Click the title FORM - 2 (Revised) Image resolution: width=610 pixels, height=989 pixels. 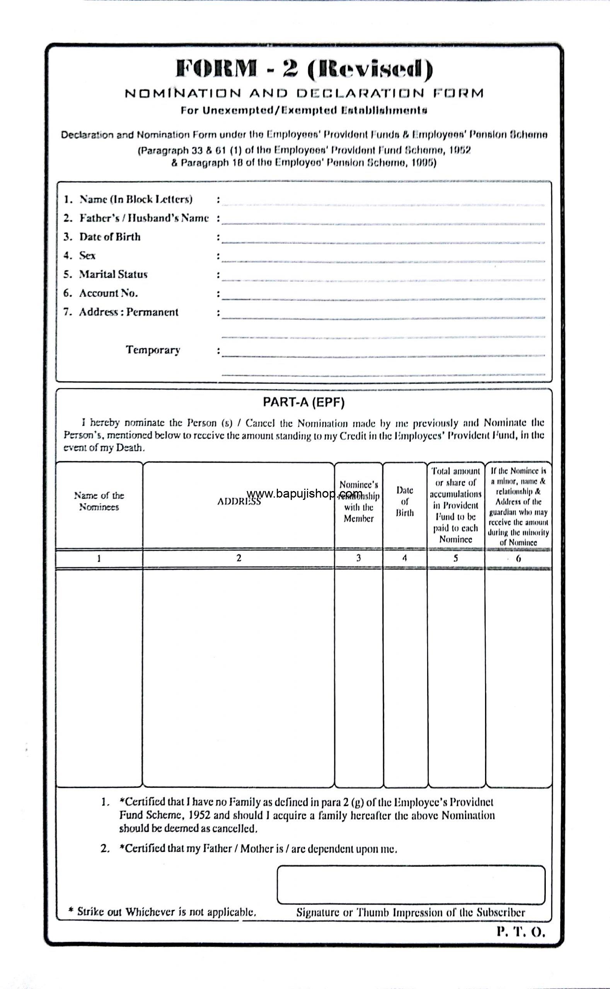pyautogui.click(x=305, y=69)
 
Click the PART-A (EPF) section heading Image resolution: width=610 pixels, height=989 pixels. pyautogui.click(x=304, y=403)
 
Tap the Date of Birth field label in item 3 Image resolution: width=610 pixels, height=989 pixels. pyautogui.click(x=110, y=237)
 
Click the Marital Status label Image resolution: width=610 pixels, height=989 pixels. pyautogui.click(x=113, y=274)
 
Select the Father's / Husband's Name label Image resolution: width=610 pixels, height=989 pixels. pyautogui.click(x=144, y=218)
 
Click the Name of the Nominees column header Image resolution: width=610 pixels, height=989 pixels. pyautogui.click(x=99, y=501)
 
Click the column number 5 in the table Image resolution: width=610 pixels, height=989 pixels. pyautogui.click(x=455, y=558)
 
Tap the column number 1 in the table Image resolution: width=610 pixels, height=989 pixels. pyautogui.click(x=99, y=558)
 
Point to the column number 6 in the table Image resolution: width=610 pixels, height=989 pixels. pyautogui.click(x=518, y=558)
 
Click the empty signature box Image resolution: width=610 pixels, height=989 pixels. pyautogui.click(x=411, y=884)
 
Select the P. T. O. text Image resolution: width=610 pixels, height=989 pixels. pyautogui.click(x=521, y=932)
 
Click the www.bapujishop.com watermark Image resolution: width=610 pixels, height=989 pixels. pyautogui.click(x=304, y=493)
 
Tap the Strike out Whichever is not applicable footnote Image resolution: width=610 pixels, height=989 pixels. pyautogui.click(x=162, y=912)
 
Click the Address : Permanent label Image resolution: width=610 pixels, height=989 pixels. pyautogui.click(x=128, y=312)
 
